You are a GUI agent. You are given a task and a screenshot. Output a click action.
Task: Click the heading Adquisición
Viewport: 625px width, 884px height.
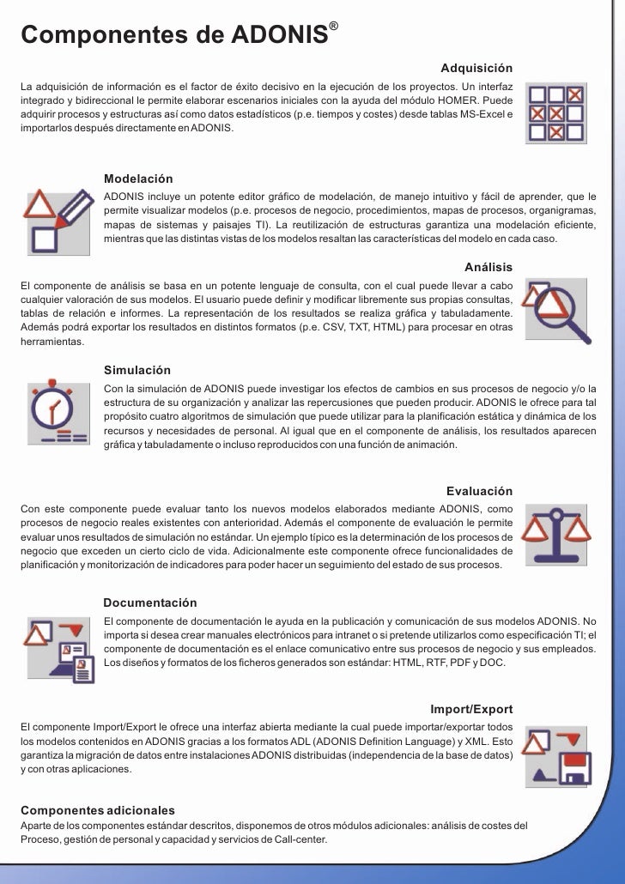pyautogui.click(x=476, y=68)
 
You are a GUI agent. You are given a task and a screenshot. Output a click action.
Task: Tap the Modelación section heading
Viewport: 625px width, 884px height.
pyautogui.click(x=138, y=179)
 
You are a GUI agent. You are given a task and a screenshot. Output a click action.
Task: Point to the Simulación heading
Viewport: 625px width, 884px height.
pyautogui.click(x=137, y=370)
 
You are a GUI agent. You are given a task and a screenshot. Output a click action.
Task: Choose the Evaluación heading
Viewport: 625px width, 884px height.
pyautogui.click(x=480, y=491)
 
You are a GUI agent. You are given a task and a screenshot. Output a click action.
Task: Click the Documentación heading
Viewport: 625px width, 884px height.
pyautogui.click(x=150, y=603)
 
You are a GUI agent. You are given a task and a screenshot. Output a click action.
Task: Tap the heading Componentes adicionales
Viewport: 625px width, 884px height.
pyautogui.click(x=98, y=810)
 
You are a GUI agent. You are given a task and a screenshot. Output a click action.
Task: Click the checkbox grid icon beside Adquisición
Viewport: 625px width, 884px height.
pyautogui.click(x=555, y=111)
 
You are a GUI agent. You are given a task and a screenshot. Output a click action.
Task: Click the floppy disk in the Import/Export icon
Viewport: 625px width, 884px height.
pyautogui.click(x=570, y=767)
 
